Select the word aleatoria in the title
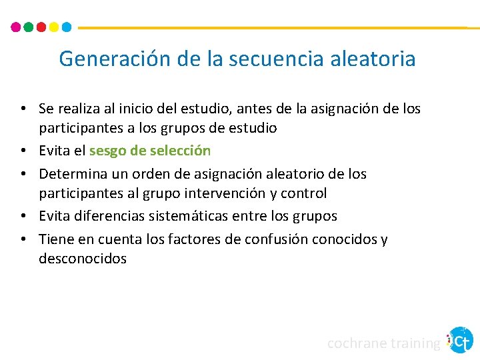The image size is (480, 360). coord(373,59)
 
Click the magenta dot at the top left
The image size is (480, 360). coord(16,27)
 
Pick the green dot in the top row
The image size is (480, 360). coord(29,27)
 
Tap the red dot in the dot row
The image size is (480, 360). coord(41,27)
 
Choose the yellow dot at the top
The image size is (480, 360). coord(54,27)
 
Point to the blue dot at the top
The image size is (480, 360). coord(67,27)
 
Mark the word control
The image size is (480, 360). coord(304,193)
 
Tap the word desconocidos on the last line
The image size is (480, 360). coord(82,259)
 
